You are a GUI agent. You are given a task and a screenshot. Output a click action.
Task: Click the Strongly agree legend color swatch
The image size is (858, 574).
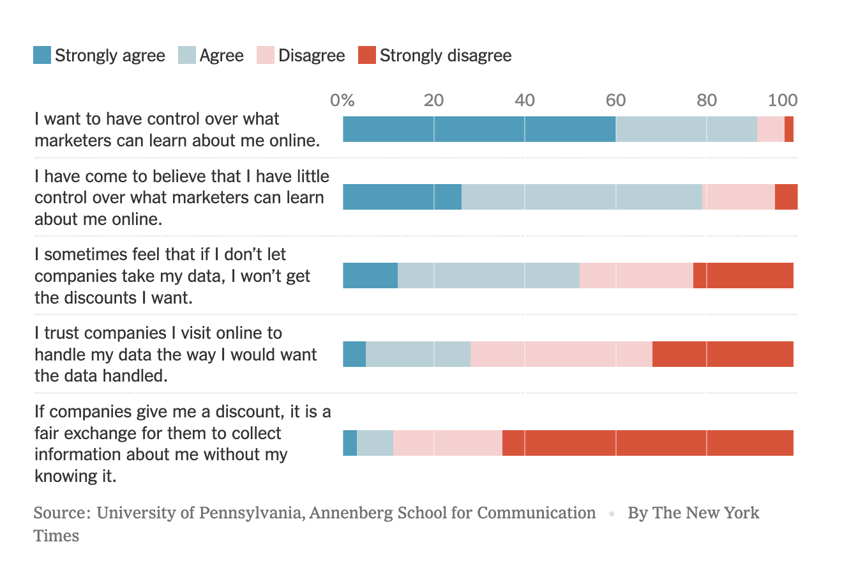click(x=42, y=56)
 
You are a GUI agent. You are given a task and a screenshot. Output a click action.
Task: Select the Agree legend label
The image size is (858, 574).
click(x=221, y=56)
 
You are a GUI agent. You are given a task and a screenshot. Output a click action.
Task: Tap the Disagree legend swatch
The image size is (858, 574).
click(x=266, y=56)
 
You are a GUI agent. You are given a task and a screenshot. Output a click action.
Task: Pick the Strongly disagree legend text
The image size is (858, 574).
click(x=445, y=56)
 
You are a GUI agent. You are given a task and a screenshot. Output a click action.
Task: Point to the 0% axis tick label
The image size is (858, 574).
click(x=342, y=100)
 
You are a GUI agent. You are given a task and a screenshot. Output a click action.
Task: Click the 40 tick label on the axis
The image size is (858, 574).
click(x=525, y=100)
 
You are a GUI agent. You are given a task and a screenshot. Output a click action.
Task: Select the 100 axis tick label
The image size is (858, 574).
click(x=783, y=100)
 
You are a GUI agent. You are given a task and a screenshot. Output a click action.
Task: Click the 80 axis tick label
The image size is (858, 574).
click(x=707, y=100)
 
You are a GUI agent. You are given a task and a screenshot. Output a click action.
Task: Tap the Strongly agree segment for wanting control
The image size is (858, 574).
click(x=479, y=129)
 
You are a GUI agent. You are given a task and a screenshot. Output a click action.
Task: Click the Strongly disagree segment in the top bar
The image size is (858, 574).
click(x=789, y=129)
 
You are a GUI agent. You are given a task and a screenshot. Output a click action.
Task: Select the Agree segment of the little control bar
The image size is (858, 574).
click(x=582, y=197)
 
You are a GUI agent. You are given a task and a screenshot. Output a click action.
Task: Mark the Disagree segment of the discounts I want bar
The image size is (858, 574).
click(x=636, y=275)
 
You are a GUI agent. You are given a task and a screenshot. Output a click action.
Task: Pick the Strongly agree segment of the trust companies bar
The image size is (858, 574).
click(x=354, y=354)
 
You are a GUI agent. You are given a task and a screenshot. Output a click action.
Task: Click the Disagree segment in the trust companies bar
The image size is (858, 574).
click(x=561, y=354)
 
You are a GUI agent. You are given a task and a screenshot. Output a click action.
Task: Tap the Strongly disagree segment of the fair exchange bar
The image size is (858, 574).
click(x=647, y=443)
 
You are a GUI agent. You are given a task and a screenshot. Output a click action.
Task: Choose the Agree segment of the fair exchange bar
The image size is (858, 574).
click(x=375, y=443)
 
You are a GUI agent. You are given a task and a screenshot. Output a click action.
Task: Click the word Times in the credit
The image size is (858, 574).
click(x=56, y=536)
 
